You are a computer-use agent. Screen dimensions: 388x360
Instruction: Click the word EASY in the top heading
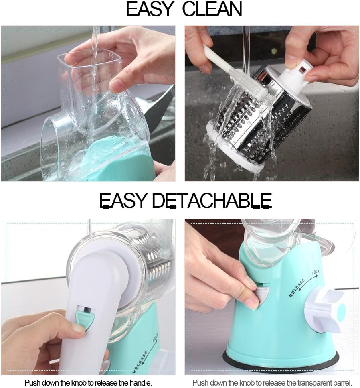click(150, 10)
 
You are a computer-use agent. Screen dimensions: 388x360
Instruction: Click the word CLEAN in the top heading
click(212, 10)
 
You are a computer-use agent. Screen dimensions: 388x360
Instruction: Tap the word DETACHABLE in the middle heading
click(212, 200)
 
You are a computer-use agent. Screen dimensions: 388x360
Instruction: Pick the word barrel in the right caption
click(342, 383)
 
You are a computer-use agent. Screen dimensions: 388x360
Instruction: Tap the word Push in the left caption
click(33, 383)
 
